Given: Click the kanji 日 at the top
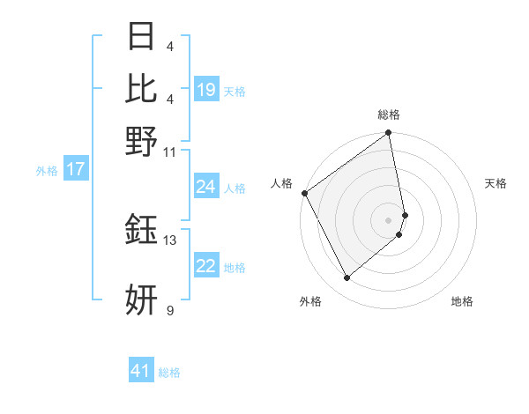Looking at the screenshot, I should [141, 38].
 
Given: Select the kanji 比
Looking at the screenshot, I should [141, 89].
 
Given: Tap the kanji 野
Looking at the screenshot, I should [141, 141].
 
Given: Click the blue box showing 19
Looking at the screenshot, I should [206, 90].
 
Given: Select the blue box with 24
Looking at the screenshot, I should [206, 187].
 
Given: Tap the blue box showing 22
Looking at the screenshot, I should [206, 266].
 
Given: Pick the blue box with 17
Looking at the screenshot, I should [75, 169].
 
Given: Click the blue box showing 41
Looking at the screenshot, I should [141, 371].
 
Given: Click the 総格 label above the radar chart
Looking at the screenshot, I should [389, 115].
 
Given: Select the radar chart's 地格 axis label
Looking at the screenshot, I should [462, 301].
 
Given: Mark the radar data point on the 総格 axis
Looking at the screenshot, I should [389, 134].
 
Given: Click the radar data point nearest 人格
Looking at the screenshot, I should [304, 193].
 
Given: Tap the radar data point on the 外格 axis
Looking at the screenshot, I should [347, 278].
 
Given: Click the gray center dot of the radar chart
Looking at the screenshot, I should [389, 219].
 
